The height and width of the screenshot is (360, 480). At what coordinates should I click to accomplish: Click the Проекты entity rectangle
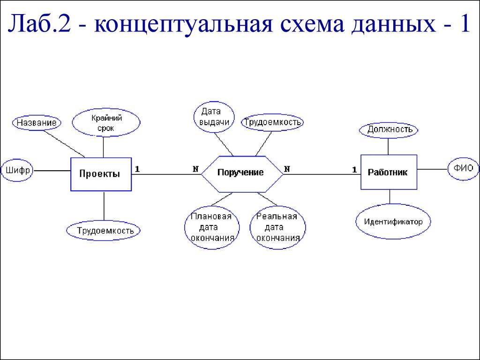(101, 174)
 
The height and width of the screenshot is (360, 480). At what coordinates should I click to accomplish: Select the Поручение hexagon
(241, 173)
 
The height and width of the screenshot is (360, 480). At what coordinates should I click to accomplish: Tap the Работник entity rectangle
(388, 172)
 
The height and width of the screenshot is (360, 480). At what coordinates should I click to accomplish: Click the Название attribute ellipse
(37, 123)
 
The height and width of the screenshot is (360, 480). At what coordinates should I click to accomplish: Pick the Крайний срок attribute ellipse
(106, 123)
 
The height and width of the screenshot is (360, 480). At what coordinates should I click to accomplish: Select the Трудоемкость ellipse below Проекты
(103, 230)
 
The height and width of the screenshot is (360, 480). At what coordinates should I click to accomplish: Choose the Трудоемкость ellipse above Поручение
(272, 122)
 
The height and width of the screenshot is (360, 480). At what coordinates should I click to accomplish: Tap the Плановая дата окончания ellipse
(211, 227)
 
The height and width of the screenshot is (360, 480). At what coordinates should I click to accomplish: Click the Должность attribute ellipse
(389, 129)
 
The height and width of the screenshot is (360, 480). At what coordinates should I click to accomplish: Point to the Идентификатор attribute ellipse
(393, 221)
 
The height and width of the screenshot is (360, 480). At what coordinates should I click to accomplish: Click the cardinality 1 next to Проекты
(137, 169)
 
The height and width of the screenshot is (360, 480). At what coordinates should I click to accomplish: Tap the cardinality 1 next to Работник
(354, 169)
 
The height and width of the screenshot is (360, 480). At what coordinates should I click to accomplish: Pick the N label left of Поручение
(195, 169)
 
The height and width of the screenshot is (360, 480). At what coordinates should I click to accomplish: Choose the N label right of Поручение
(287, 169)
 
